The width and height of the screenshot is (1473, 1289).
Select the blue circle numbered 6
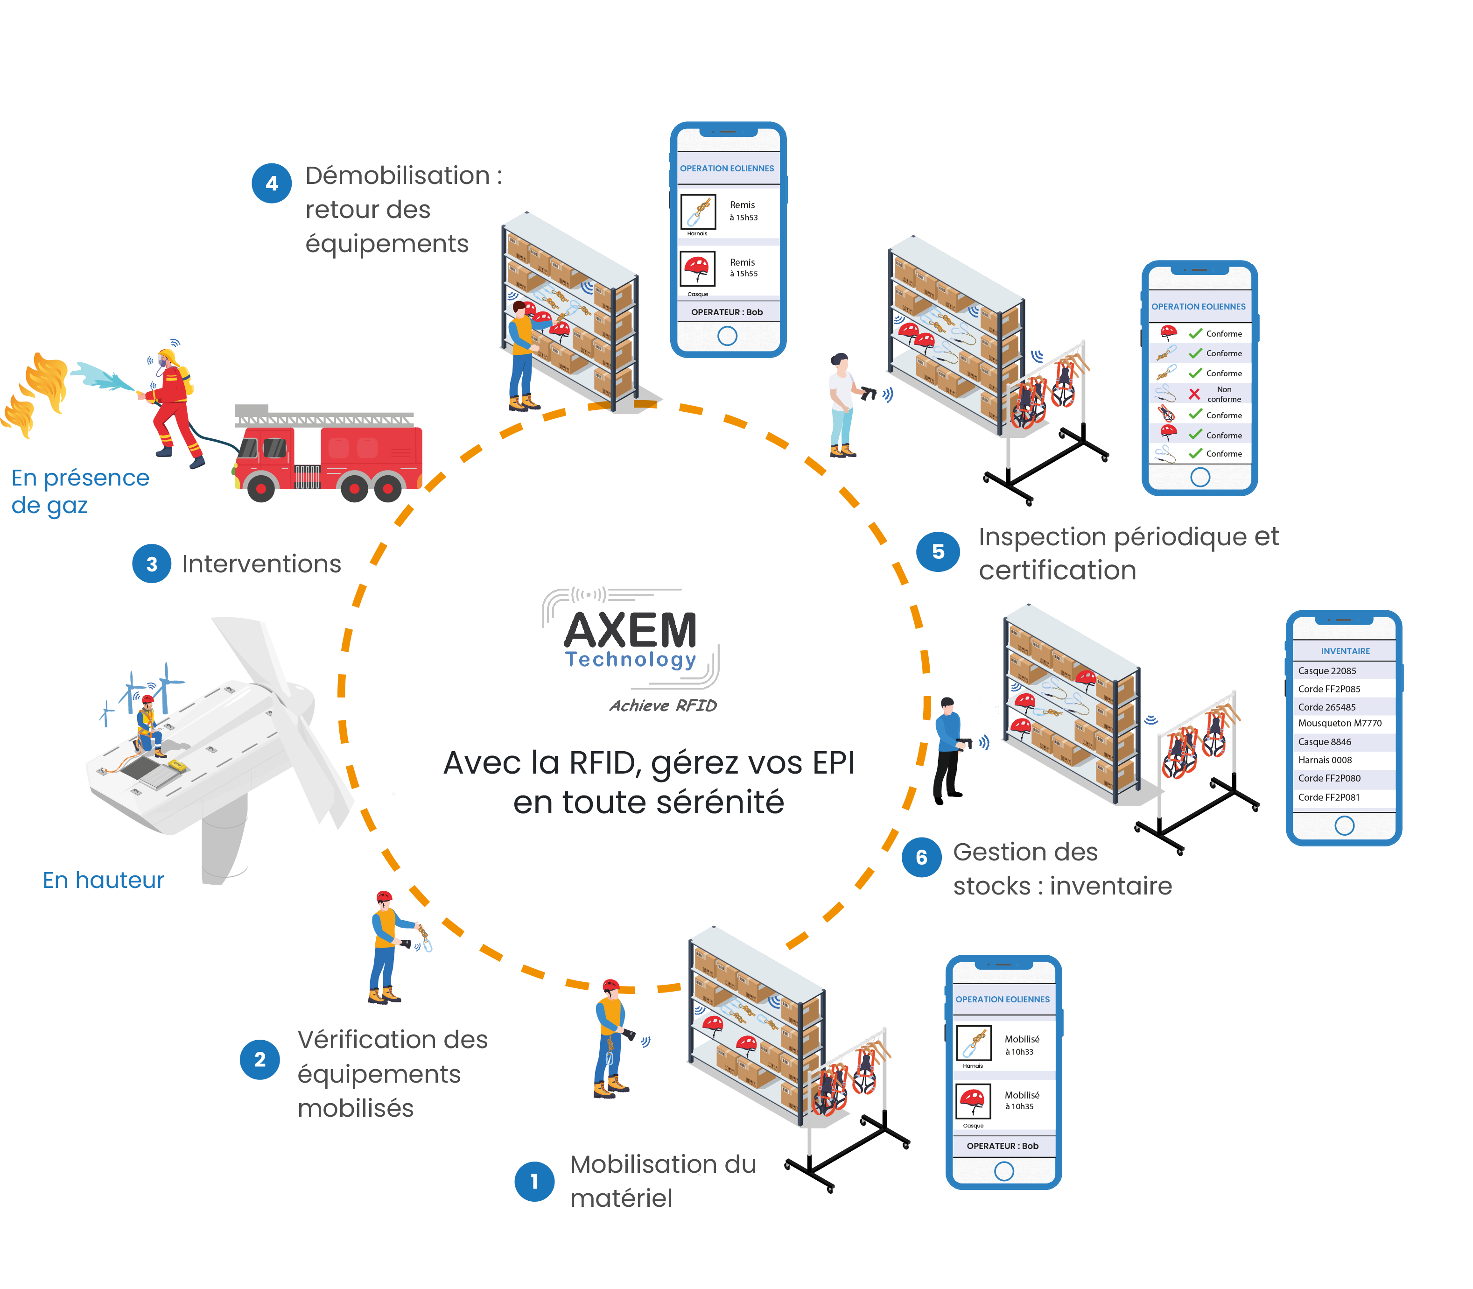click(x=921, y=858)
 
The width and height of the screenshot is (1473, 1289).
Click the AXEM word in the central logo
click(x=630, y=630)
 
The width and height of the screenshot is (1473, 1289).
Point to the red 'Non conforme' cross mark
click(x=1194, y=394)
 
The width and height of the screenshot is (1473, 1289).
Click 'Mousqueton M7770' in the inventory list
click(x=1339, y=723)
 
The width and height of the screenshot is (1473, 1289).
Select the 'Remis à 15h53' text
click(x=743, y=211)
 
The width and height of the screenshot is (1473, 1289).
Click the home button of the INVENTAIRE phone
click(x=1344, y=825)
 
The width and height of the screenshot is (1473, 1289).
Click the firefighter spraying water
click(x=173, y=403)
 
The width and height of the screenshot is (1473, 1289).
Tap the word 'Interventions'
click(x=261, y=564)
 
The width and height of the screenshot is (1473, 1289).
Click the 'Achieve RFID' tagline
click(x=662, y=705)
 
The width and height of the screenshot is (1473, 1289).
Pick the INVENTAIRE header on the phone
click(x=1345, y=651)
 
